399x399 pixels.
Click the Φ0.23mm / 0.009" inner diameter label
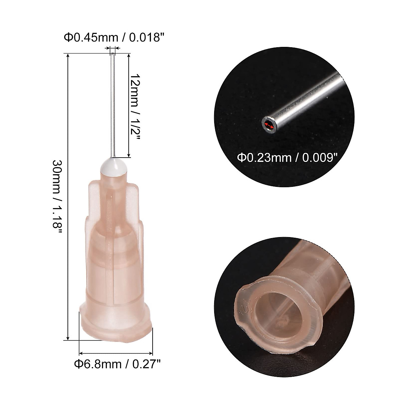[285, 156]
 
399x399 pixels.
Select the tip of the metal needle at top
[113, 54]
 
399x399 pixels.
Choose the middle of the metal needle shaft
[113, 106]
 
